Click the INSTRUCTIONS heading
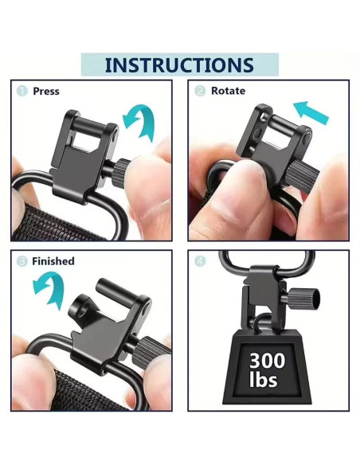click(179, 65)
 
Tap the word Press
click(46, 91)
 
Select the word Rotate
click(228, 91)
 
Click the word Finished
click(53, 261)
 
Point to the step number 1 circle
click(22, 91)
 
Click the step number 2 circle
click(200, 91)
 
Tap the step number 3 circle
click(22, 261)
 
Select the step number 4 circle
click(200, 261)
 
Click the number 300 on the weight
click(267, 361)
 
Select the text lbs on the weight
click(264, 379)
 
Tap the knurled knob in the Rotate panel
click(303, 178)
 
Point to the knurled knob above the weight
click(304, 300)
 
